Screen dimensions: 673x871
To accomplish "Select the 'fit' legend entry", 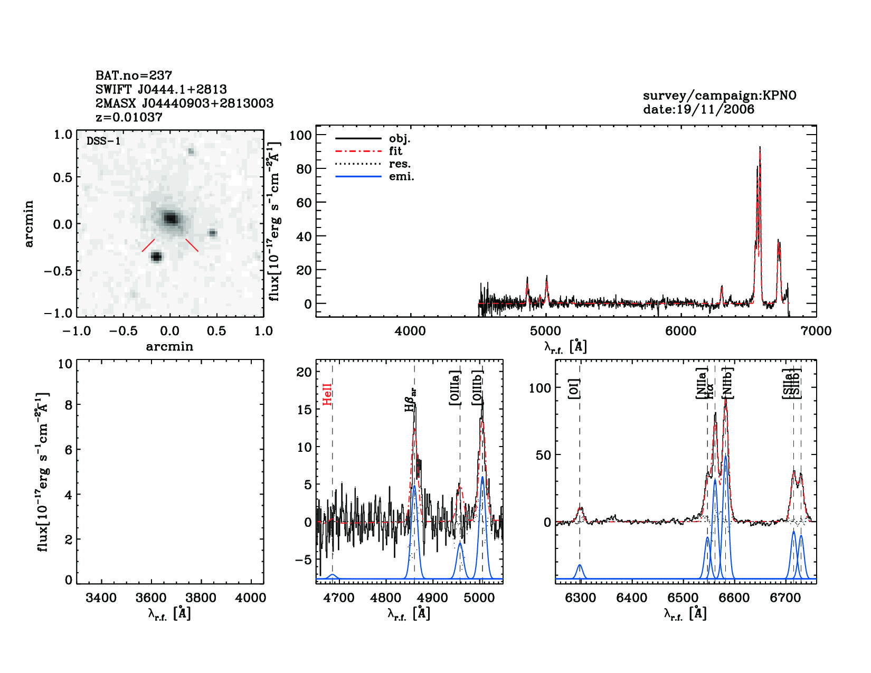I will coord(395,151).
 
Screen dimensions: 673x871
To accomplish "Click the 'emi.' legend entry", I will coord(401,177).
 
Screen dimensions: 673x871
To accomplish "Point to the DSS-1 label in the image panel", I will coord(103,141).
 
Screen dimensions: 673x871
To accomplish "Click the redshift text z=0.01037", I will coord(129,117).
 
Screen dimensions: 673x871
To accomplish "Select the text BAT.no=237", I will coord(134,75).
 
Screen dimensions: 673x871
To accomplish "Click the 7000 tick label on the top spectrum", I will coord(816,331).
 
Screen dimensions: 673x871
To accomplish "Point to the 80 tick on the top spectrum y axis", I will coord(304,169).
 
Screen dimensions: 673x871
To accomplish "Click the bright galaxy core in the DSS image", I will coord(170,218).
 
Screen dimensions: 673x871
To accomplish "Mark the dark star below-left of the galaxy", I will coord(156,257).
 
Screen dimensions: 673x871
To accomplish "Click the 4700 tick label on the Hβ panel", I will coord(338,598).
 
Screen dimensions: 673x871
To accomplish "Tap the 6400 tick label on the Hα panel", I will coord(631,598).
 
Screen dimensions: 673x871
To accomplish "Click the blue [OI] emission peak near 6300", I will coord(580,566).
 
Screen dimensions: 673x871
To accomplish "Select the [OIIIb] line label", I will coord(478,387).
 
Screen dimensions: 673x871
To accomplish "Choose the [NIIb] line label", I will coord(727,383).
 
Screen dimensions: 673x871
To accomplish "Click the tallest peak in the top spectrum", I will coord(760,149).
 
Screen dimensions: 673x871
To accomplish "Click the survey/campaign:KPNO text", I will coord(719,96).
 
